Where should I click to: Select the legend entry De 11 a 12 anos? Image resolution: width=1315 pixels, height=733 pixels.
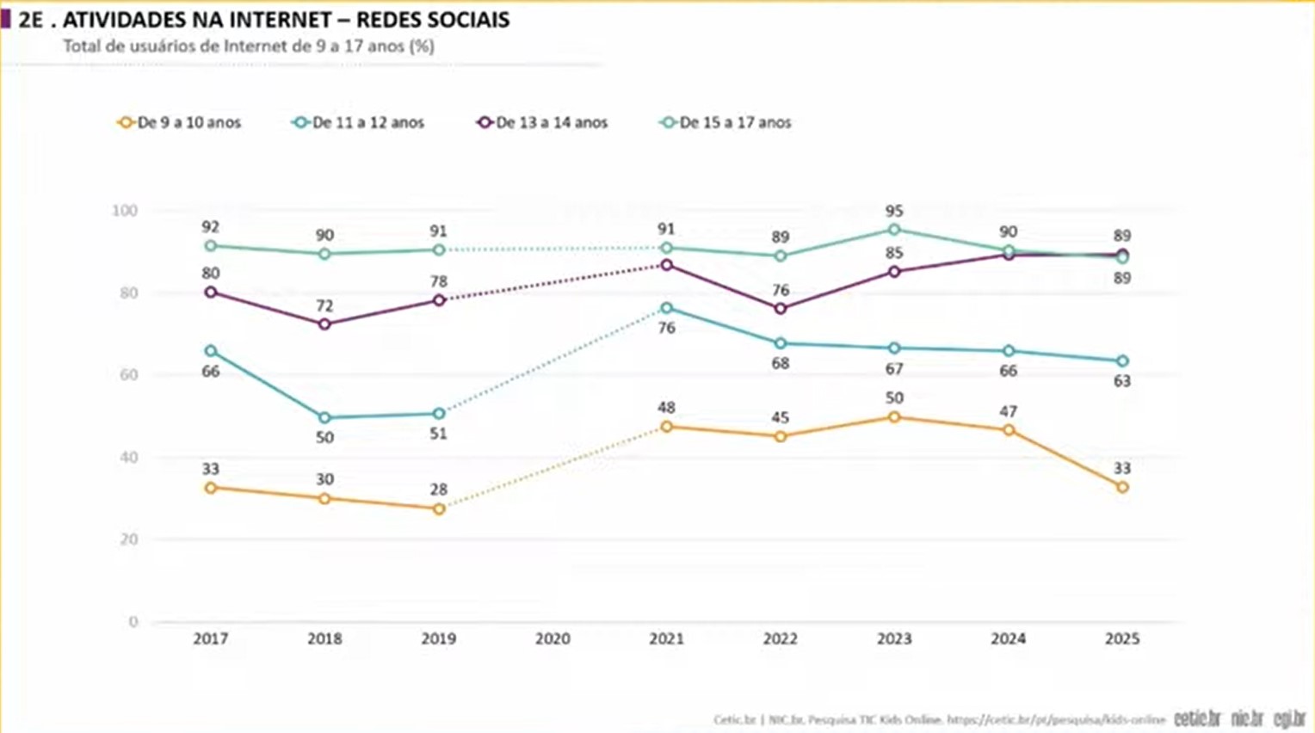(358, 123)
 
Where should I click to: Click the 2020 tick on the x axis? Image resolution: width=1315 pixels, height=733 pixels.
(553, 639)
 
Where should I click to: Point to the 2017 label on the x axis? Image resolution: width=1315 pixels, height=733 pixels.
(211, 639)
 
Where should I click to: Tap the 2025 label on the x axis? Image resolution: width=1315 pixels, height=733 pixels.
(1122, 639)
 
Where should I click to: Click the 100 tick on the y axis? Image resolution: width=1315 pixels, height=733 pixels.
(125, 211)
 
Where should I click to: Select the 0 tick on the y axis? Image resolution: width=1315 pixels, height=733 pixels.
(133, 622)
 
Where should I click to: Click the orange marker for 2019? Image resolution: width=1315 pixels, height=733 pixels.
(439, 509)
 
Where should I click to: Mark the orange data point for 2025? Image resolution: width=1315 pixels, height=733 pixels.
(1122, 488)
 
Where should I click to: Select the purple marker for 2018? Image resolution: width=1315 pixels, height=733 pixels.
(324, 324)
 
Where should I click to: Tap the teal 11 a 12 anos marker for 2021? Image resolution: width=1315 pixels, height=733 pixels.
(667, 308)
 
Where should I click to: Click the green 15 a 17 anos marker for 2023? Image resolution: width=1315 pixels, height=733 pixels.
(894, 230)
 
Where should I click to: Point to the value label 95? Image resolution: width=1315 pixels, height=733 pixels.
(894, 211)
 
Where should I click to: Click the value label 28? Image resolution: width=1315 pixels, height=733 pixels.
(439, 490)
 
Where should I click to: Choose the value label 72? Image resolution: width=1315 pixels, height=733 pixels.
(324, 305)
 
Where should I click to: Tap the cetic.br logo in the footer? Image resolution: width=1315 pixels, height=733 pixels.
(1197, 718)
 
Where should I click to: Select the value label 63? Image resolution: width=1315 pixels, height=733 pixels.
(1122, 381)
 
